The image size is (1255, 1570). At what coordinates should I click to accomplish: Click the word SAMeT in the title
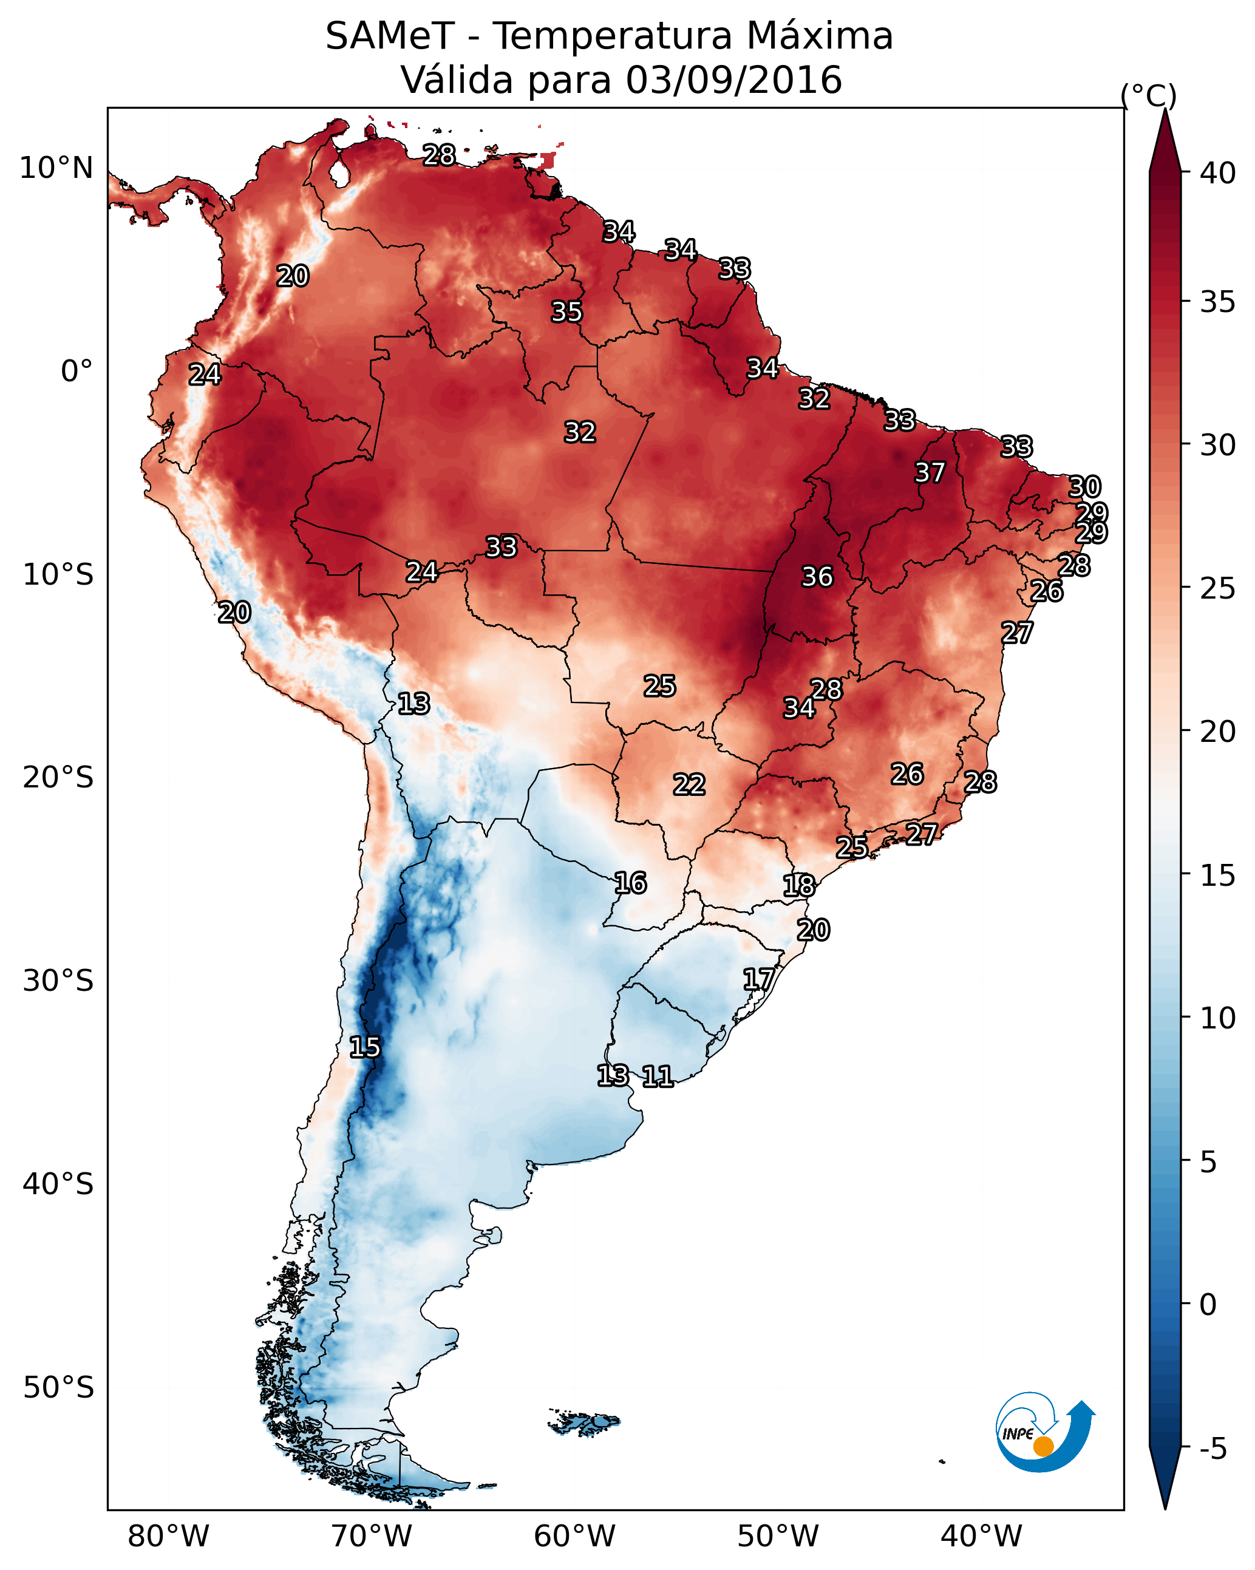[390, 36]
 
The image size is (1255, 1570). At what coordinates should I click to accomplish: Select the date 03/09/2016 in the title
[733, 80]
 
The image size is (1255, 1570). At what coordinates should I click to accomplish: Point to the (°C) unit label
[1148, 95]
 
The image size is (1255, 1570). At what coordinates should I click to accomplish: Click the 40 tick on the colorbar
[1218, 173]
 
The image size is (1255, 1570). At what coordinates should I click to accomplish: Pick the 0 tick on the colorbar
[1208, 1304]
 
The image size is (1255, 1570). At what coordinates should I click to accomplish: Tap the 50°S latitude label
[58, 1388]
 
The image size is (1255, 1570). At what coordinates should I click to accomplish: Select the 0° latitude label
[77, 372]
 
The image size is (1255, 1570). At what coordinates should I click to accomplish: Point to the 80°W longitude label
[168, 1536]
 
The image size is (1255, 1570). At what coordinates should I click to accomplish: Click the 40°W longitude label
[981, 1536]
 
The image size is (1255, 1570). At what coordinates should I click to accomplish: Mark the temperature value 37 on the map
[930, 472]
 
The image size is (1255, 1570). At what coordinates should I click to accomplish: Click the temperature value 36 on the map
[817, 577]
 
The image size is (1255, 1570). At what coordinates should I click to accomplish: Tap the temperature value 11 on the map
[657, 1076]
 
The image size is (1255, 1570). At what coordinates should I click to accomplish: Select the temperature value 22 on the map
[689, 785]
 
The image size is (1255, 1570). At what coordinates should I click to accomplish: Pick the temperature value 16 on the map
[630, 883]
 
